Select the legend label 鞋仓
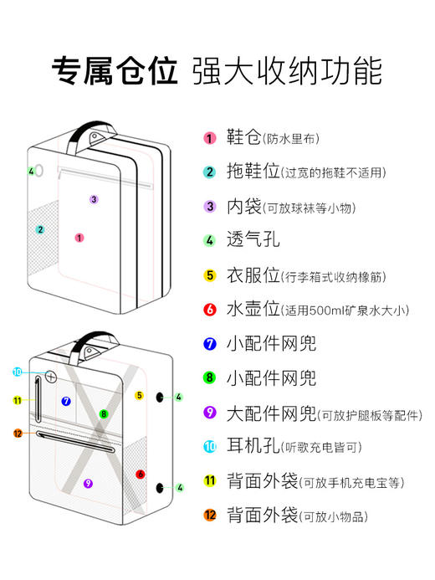coord(244,137)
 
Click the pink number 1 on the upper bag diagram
coord(79,238)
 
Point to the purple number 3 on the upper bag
coord(94,199)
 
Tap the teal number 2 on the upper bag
coord(39,229)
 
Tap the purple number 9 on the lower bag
coord(89,483)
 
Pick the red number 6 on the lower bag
coord(141,474)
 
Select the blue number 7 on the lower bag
coord(66,402)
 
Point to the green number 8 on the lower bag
coord(104,413)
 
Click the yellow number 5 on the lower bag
coord(140,395)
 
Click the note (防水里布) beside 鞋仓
coord(291,139)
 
